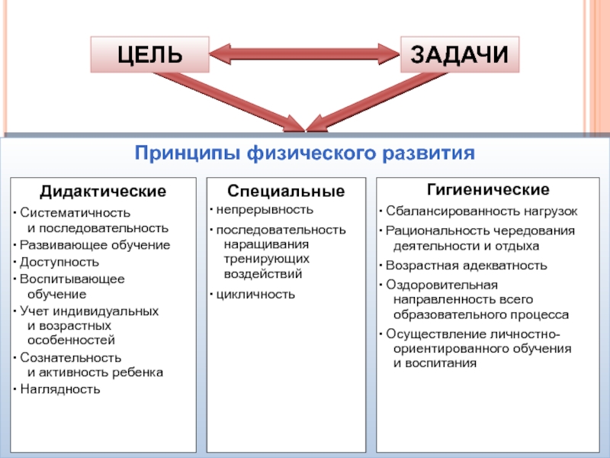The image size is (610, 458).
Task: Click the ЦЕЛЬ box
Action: coord(149,55)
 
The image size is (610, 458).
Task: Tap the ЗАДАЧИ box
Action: coord(459,55)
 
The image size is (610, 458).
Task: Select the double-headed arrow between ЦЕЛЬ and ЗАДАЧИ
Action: coord(304,55)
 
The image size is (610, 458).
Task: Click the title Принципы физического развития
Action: coord(305,153)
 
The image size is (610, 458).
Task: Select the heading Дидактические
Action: coord(103,189)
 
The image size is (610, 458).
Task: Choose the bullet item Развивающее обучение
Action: coord(95,245)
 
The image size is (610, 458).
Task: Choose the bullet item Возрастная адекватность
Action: coord(467,266)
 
